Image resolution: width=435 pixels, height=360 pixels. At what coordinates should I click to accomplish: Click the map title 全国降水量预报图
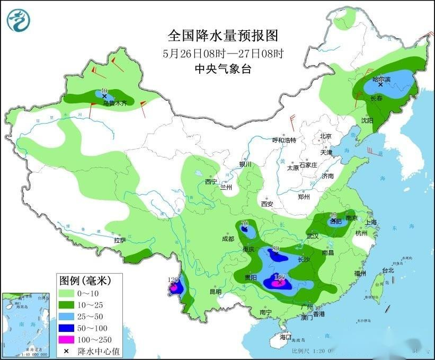tap(223, 36)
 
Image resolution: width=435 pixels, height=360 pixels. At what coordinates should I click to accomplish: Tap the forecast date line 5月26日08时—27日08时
tap(223, 54)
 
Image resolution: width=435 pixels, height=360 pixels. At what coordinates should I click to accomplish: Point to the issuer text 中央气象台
tap(223, 69)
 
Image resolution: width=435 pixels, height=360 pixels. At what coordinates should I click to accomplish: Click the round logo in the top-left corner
tap(19, 20)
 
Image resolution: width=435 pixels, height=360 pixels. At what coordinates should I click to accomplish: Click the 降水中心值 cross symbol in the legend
tap(68, 351)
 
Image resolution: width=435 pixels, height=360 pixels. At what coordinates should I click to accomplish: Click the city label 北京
tap(325, 136)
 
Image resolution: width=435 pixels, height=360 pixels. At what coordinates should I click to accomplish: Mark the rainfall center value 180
tap(279, 277)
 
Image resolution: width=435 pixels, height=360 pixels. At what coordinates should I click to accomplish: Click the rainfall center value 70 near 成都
tap(245, 223)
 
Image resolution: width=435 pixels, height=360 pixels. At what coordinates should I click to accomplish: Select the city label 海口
tap(286, 337)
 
